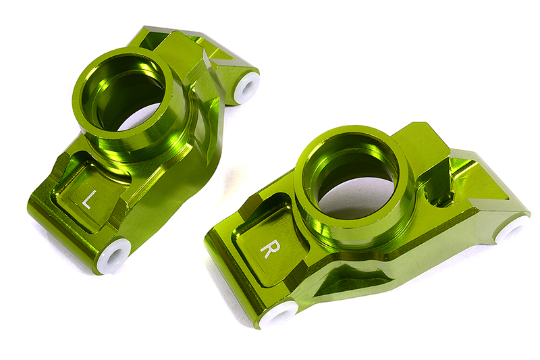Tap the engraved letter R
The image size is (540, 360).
point(267,248)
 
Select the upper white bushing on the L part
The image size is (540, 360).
point(247,86)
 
